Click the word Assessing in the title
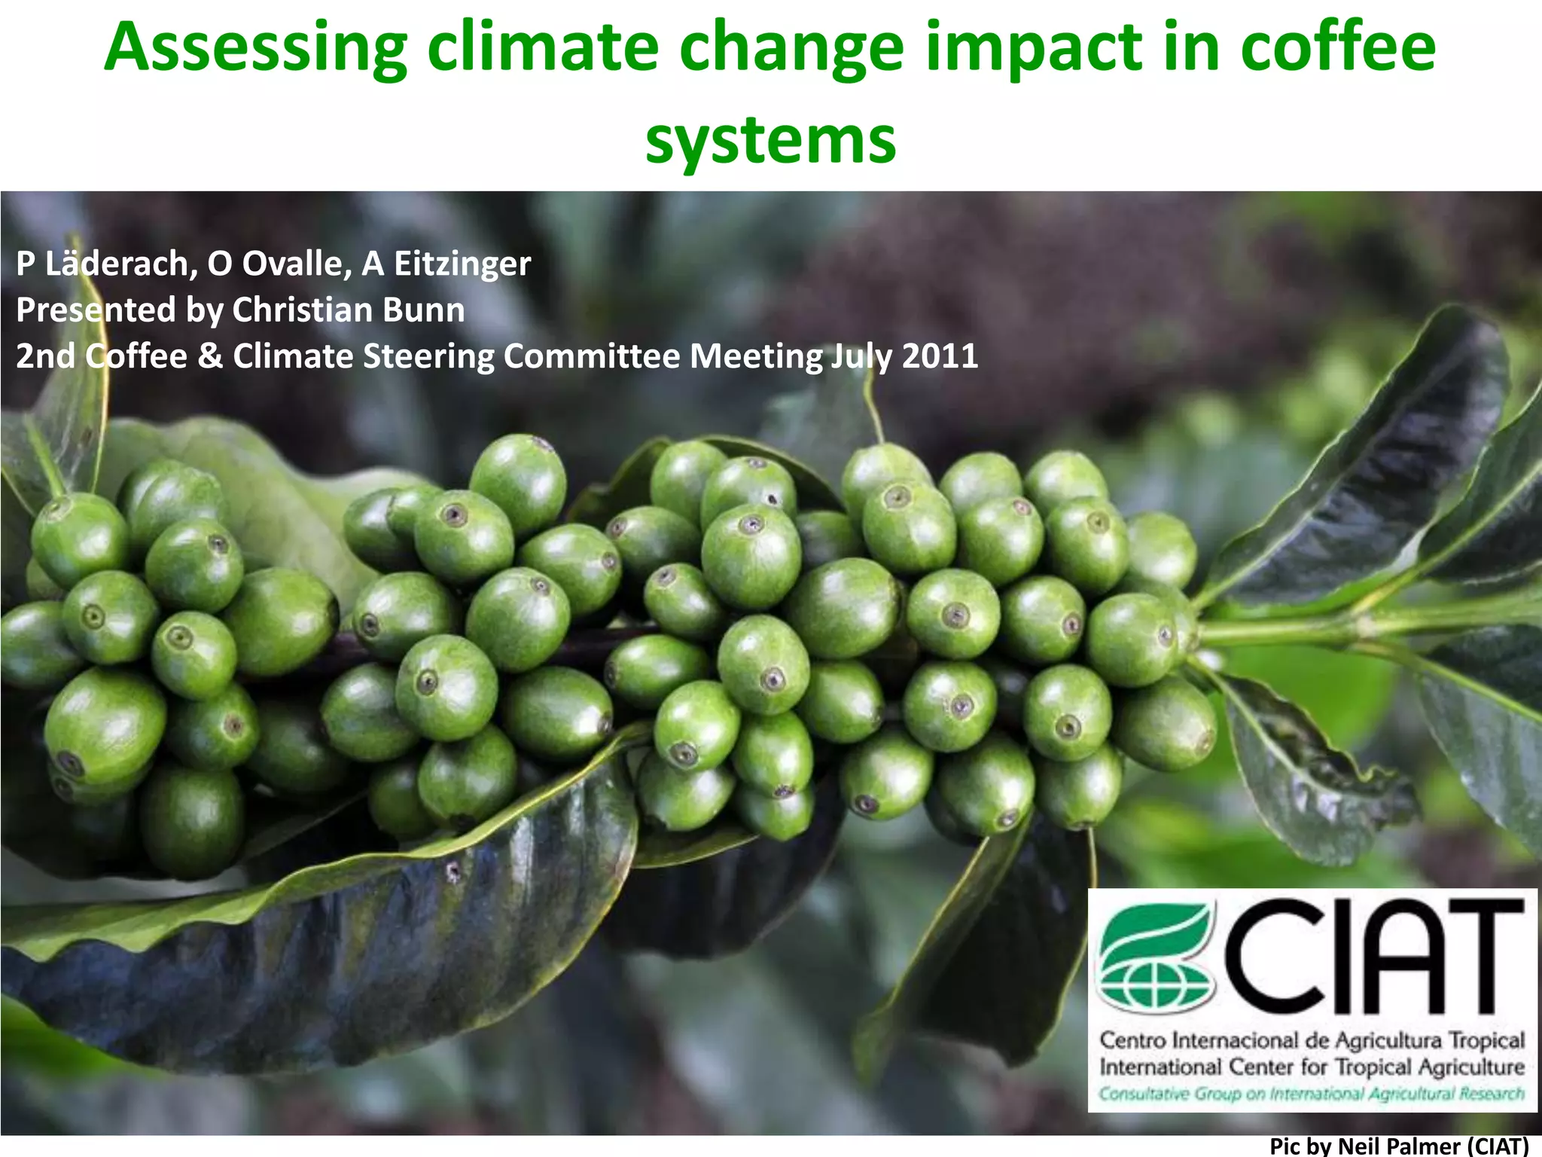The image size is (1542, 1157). point(256,49)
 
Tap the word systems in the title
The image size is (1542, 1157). point(770,141)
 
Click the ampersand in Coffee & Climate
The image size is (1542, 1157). point(209,356)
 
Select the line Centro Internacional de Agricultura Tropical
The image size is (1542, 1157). point(1312,1040)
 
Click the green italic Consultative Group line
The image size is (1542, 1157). point(1312,1093)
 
